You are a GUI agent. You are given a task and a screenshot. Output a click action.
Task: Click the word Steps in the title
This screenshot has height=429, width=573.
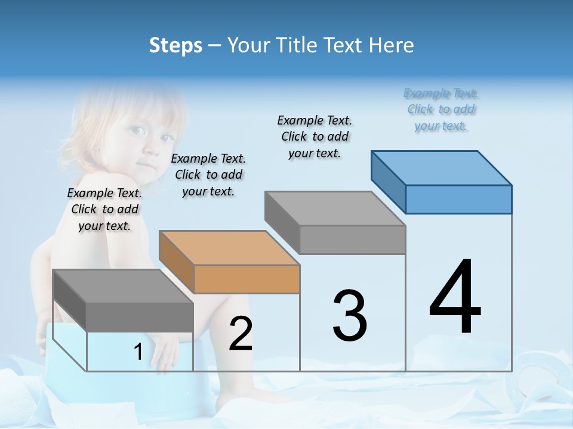(175, 45)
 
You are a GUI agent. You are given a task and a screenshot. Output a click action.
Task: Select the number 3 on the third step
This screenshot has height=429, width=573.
(350, 316)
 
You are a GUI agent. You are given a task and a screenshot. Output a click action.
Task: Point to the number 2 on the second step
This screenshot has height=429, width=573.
(241, 334)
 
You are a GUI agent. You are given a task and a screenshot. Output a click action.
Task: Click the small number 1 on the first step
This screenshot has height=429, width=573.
(138, 352)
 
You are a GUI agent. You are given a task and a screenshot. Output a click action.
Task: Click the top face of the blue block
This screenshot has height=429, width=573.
(442, 167)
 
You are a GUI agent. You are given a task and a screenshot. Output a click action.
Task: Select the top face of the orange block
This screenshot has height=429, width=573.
(229, 247)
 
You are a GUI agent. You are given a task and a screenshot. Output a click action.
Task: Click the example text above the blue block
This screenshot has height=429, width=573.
(441, 110)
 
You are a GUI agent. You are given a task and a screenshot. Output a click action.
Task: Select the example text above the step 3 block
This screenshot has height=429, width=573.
(315, 136)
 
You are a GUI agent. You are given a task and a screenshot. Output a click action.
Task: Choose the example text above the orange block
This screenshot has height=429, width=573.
(208, 175)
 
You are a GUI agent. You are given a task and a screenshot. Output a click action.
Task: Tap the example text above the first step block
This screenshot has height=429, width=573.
(104, 209)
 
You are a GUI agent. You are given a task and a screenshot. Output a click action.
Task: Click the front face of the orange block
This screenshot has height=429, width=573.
(247, 279)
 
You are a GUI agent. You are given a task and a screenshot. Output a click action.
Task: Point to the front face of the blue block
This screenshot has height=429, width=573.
(458, 199)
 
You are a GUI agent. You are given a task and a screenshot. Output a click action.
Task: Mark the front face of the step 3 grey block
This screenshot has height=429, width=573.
(352, 240)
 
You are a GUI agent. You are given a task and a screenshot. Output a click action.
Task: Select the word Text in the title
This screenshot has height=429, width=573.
(344, 45)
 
